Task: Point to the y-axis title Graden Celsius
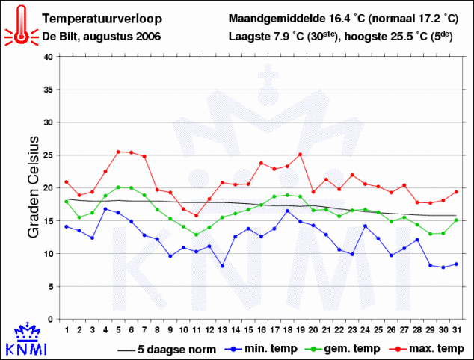point(33,187)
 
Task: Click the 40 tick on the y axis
point(48,56)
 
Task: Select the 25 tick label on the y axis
point(48,155)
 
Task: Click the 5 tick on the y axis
point(49,286)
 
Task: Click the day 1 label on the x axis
point(67,329)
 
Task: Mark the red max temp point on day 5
point(118,152)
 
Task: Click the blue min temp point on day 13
point(222,266)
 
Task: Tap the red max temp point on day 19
point(300,155)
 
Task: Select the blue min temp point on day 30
point(443,267)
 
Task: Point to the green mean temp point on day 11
point(196,235)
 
